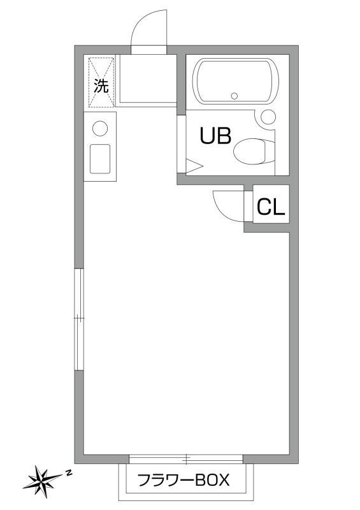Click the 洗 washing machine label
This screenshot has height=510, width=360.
tap(101, 86)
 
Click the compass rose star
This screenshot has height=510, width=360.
tap(42, 479)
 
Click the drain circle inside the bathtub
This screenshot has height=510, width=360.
tap(234, 96)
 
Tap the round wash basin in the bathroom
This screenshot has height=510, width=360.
tap(268, 117)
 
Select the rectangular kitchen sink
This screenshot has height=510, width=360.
tap(100, 158)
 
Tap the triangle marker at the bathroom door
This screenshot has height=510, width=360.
tap(193, 167)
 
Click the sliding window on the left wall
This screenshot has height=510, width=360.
tap(78, 319)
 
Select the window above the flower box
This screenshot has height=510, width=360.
tap(186, 458)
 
